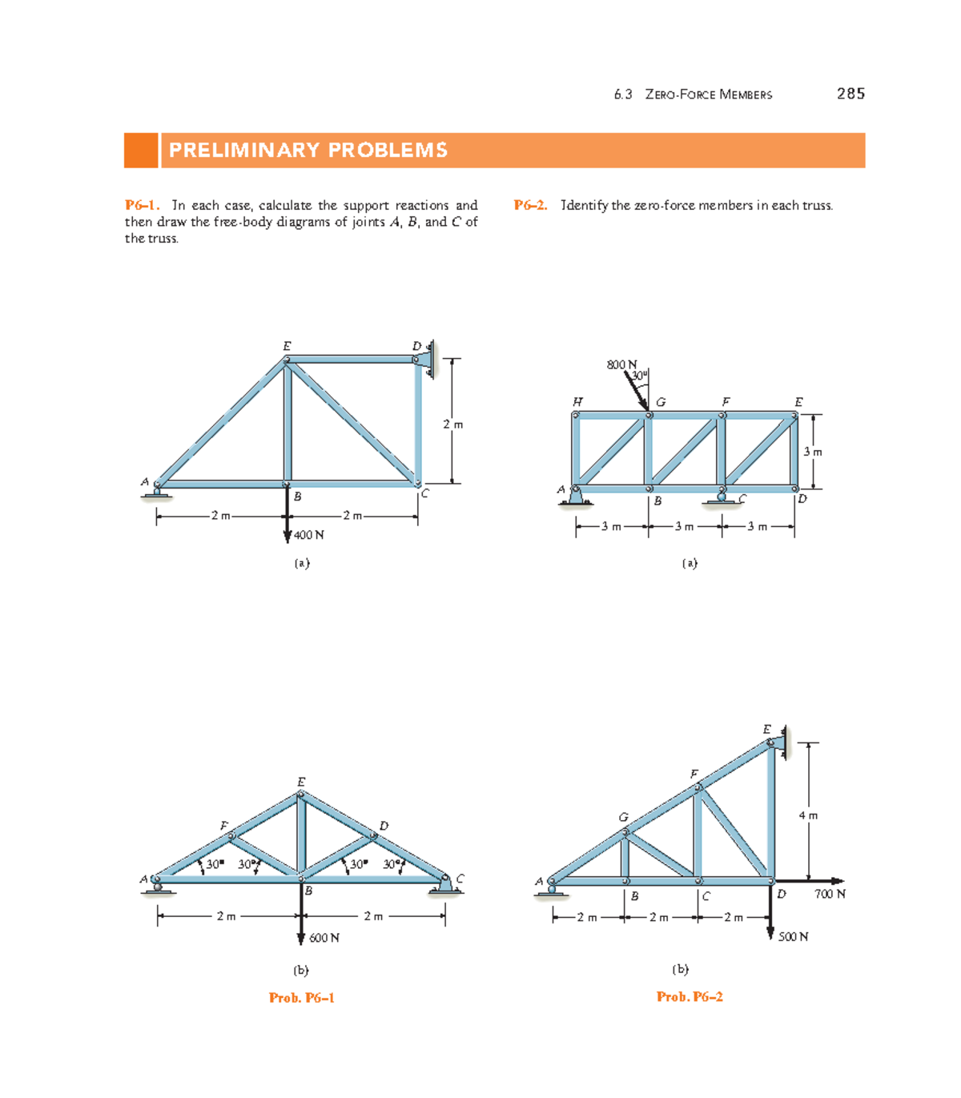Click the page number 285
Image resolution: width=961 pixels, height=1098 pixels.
point(850,94)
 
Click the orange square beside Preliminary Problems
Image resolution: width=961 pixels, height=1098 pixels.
point(141,151)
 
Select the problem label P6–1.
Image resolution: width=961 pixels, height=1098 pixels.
point(142,206)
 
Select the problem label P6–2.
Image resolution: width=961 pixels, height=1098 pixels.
point(530,206)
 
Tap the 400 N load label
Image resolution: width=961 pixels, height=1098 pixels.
point(309,535)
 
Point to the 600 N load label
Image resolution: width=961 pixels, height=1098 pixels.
point(324,938)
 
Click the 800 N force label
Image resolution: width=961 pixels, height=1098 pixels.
point(621,365)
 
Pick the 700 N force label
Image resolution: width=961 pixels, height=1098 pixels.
point(830,894)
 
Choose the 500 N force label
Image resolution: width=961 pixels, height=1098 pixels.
point(793,937)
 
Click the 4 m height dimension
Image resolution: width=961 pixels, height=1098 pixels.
point(808,815)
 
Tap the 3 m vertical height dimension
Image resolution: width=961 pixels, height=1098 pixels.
point(812,452)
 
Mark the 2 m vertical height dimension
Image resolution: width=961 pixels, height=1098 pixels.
point(452,424)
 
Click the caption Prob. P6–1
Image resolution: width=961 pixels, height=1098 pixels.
point(301,998)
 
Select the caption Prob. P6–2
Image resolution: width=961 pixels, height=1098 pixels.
point(690,997)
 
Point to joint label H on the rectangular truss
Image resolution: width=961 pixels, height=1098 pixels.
point(577,401)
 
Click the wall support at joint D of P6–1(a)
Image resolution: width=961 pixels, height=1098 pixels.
point(429,359)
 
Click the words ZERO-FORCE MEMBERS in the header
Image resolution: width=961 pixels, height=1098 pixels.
point(709,95)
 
